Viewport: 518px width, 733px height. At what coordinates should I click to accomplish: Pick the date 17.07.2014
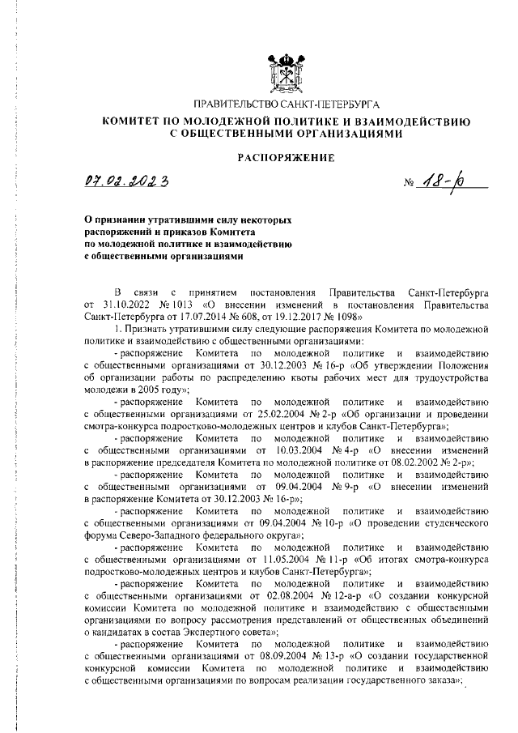[223, 317]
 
